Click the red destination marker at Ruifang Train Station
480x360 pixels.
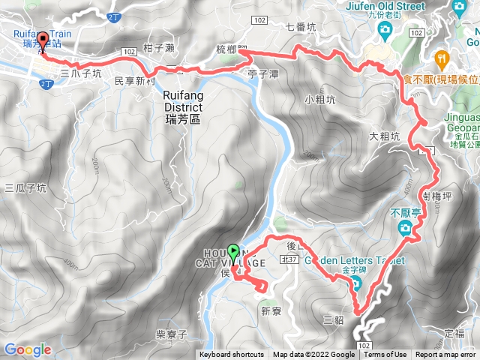coord(43,42)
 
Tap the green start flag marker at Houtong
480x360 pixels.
coord(232,252)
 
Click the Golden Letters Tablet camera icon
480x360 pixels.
coord(355,284)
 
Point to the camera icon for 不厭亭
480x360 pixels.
coord(405,228)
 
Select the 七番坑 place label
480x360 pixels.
coord(301,28)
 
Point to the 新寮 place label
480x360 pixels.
coord(270,310)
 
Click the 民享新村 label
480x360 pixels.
coord(135,79)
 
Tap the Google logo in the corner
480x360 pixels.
coord(27,349)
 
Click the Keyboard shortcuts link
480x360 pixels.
coord(231,355)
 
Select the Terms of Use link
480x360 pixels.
coord(385,355)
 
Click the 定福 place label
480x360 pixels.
coord(454,332)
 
